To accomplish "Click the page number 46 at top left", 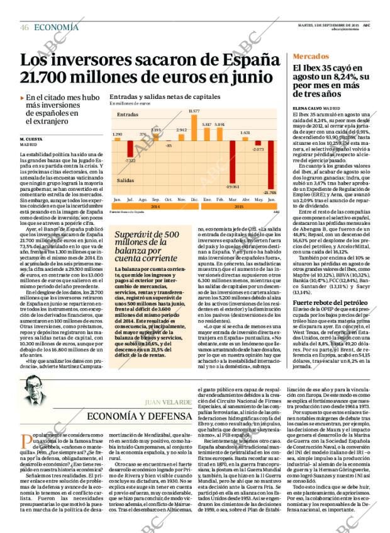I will coord(25,27).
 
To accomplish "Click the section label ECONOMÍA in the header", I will coord(56,27).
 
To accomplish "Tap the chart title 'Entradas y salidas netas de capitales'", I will coord(165,97).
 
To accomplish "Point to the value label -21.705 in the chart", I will coord(270,192).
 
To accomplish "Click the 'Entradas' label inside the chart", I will coord(127,115).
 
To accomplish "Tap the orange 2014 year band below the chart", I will coord(155,206).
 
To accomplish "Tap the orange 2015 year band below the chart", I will coord(238,206).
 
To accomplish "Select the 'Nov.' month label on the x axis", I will coord(181,199).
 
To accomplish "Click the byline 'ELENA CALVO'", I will coord(308,108).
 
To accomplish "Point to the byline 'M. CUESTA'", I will coord(31,139).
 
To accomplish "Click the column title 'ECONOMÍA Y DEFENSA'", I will coord(140,416).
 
